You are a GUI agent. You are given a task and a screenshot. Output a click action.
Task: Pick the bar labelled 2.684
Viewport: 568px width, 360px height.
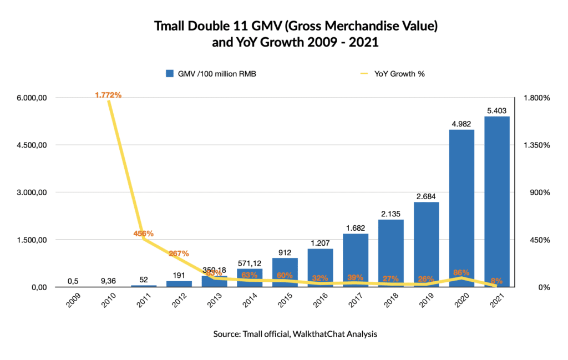pos(426,244)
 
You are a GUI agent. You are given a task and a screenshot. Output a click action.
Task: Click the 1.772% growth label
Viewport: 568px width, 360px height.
pos(108,95)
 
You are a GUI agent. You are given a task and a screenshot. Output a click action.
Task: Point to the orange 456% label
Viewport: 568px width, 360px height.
pos(144,234)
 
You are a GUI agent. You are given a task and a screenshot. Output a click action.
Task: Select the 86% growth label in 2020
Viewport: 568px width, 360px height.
pos(461,272)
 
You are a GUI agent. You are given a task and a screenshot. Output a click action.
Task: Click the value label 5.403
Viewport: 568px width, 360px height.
pos(497,111)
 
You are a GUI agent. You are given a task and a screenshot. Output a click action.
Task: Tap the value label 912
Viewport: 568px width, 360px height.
pos(284,253)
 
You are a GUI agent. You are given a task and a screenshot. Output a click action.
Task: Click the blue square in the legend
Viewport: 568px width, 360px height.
pos(170,73)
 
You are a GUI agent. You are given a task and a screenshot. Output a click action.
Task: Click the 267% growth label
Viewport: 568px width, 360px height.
pos(179,253)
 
